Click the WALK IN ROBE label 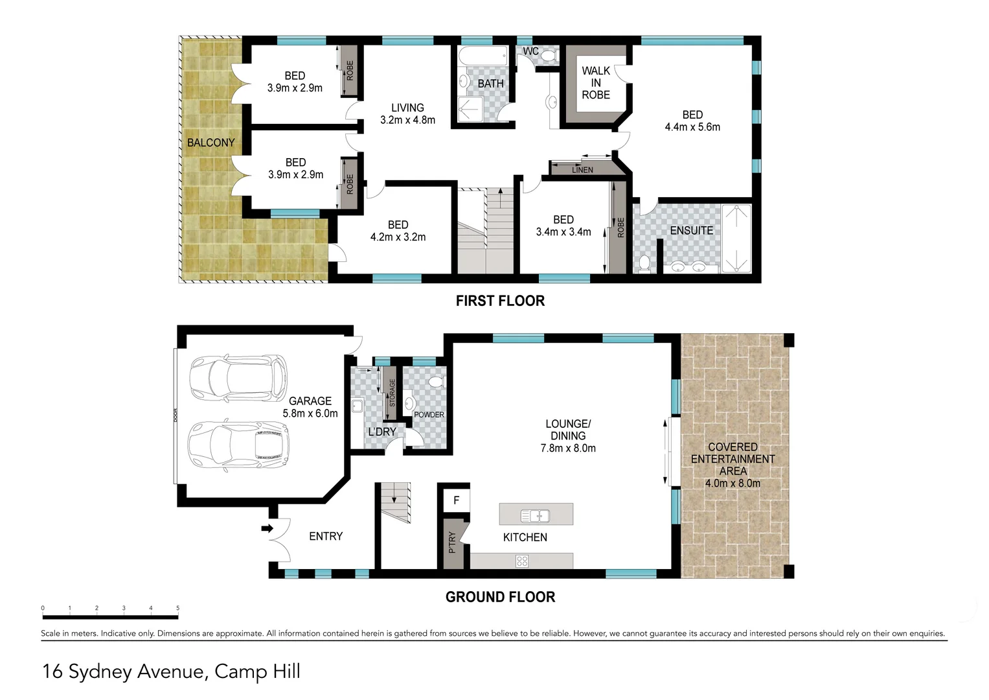click(x=595, y=83)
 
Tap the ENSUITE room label click(x=691, y=231)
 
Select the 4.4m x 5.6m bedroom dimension click(x=692, y=127)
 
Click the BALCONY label click(x=210, y=143)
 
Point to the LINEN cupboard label click(x=582, y=170)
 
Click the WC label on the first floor click(x=530, y=51)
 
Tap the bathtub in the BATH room click(x=483, y=56)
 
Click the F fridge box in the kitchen click(x=457, y=500)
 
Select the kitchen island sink click(x=535, y=516)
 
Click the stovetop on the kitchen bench click(x=522, y=561)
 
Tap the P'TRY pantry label click(x=452, y=542)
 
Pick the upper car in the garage click(x=238, y=378)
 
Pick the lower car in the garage click(x=238, y=446)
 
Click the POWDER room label click(x=429, y=415)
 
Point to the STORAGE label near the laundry click(x=392, y=393)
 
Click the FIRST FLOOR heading click(x=500, y=301)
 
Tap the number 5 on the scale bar click(x=177, y=608)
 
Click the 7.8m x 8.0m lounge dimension click(x=568, y=448)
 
